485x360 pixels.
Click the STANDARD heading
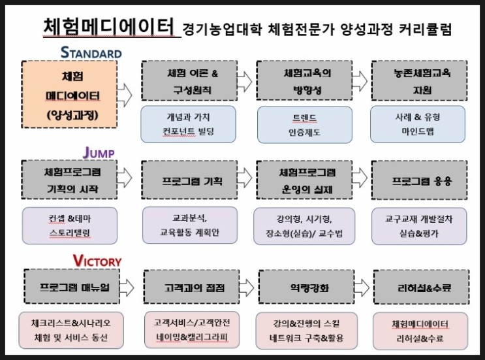(91, 53)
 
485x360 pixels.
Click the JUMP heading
(99, 153)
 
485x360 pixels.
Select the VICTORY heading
(97, 261)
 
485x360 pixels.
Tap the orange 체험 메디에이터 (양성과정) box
(69, 94)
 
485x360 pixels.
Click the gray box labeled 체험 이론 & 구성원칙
(189, 80)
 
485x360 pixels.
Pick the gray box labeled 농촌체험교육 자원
(420, 80)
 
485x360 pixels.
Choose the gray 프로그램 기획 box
(189, 180)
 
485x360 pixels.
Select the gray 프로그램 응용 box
(420, 180)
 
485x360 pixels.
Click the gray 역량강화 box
(307, 287)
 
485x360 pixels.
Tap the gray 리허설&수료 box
(422, 287)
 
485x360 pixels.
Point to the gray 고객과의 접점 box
(191, 287)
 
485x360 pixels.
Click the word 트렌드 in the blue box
(305, 118)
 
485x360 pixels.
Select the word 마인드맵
(418, 131)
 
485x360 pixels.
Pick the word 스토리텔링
(70, 233)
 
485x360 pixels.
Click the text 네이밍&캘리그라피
(192, 337)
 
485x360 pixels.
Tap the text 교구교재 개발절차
(419, 219)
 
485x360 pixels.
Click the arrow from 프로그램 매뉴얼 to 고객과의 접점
(127, 287)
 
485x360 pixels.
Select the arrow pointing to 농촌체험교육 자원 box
(360, 81)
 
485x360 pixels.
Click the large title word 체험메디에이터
(109, 26)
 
